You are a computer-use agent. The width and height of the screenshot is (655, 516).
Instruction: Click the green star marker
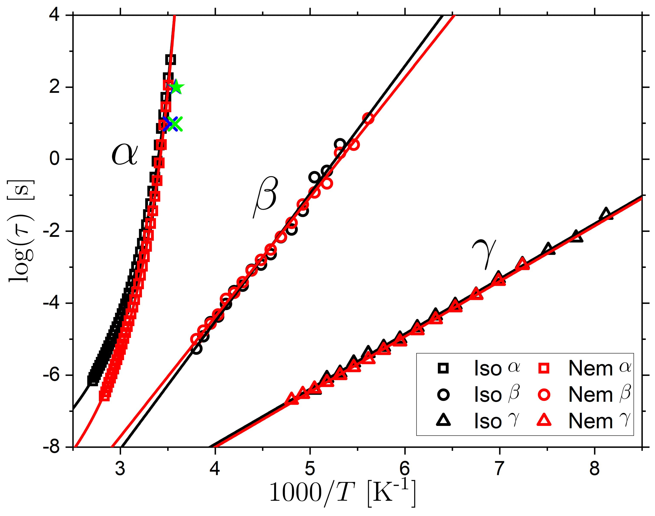177,87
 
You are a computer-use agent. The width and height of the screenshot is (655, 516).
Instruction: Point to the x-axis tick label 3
120,469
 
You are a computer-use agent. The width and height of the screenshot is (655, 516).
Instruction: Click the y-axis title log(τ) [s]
21,231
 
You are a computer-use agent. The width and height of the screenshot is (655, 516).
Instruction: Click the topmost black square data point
171,60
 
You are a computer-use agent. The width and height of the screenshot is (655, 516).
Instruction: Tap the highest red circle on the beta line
368,118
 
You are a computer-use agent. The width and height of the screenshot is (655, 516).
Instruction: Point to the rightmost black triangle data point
606,214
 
